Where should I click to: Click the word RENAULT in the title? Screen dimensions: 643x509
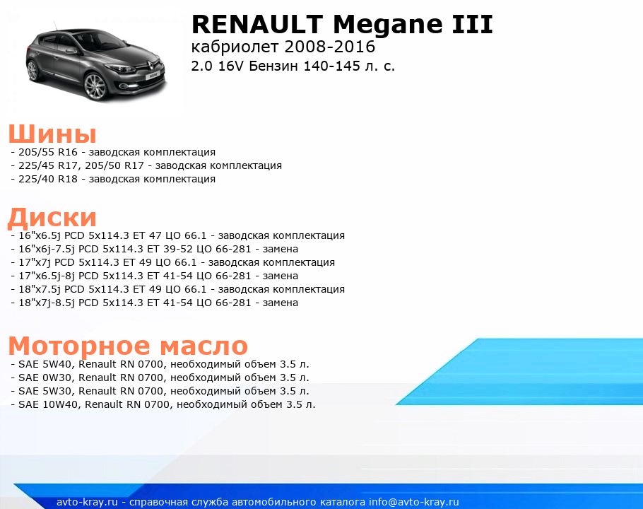pos(257,24)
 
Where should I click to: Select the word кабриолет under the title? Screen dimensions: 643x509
pos(235,47)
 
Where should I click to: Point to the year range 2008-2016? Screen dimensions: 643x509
pos(329,47)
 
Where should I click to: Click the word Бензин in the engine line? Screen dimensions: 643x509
pos(273,66)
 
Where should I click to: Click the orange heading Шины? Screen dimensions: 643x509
pos(52,134)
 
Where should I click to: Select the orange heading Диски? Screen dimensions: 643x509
pos(52,217)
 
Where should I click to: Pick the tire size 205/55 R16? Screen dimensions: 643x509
pos(48,152)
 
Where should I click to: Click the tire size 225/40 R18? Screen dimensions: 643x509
pos(48,180)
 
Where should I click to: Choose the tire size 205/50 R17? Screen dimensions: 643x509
pos(114,165)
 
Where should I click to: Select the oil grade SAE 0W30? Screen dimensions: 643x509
pos(45,378)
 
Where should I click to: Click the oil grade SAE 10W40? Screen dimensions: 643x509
pos(48,404)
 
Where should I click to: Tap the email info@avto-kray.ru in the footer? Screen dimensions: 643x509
pos(414,502)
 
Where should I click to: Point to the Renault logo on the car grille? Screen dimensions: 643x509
pos(149,64)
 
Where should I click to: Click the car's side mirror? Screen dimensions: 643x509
pos(71,52)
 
